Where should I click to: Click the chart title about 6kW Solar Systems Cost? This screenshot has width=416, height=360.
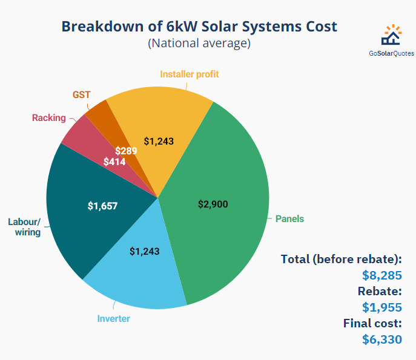[199, 27]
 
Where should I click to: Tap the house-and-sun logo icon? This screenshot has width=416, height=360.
[391, 36]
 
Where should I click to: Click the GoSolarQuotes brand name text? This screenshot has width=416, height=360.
[391, 53]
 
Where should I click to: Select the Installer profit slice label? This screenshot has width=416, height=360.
[189, 74]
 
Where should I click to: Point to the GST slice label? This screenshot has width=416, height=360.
[81, 95]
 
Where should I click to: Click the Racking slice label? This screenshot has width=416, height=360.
[49, 118]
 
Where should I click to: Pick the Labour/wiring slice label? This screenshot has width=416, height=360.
[24, 227]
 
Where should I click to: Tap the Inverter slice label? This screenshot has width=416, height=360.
[114, 318]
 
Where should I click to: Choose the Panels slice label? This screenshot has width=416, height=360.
[289, 218]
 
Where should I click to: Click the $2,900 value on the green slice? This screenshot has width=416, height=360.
[213, 205]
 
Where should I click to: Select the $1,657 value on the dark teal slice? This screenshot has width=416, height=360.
[102, 206]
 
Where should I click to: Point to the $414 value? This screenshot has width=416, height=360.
[114, 162]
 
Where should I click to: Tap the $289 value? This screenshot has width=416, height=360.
[125, 151]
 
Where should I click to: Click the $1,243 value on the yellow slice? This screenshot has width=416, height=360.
[159, 140]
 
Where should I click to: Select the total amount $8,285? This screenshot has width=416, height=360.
[381, 275]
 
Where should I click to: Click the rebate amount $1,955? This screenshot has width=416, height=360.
[381, 307]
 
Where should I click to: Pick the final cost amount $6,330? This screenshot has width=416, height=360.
[381, 339]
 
